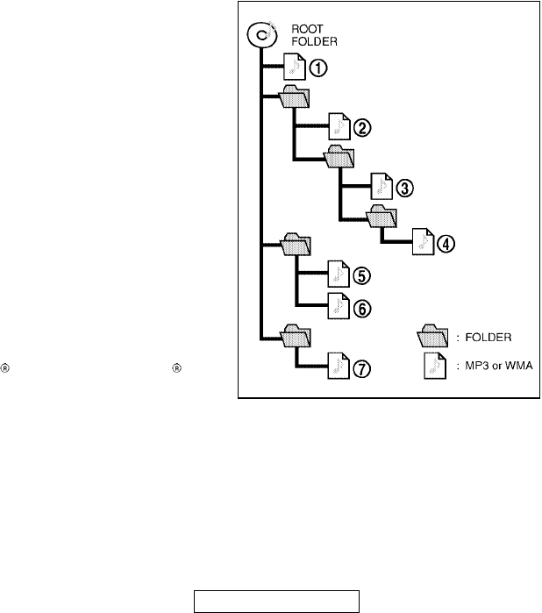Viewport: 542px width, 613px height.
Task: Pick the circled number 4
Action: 447,243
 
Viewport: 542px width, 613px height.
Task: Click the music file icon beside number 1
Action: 296,67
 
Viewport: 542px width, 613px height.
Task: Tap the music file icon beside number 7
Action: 338,367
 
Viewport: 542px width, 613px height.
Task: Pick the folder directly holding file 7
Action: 296,334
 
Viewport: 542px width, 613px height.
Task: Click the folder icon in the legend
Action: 431,335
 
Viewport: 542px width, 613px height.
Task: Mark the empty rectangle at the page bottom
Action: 277,602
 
